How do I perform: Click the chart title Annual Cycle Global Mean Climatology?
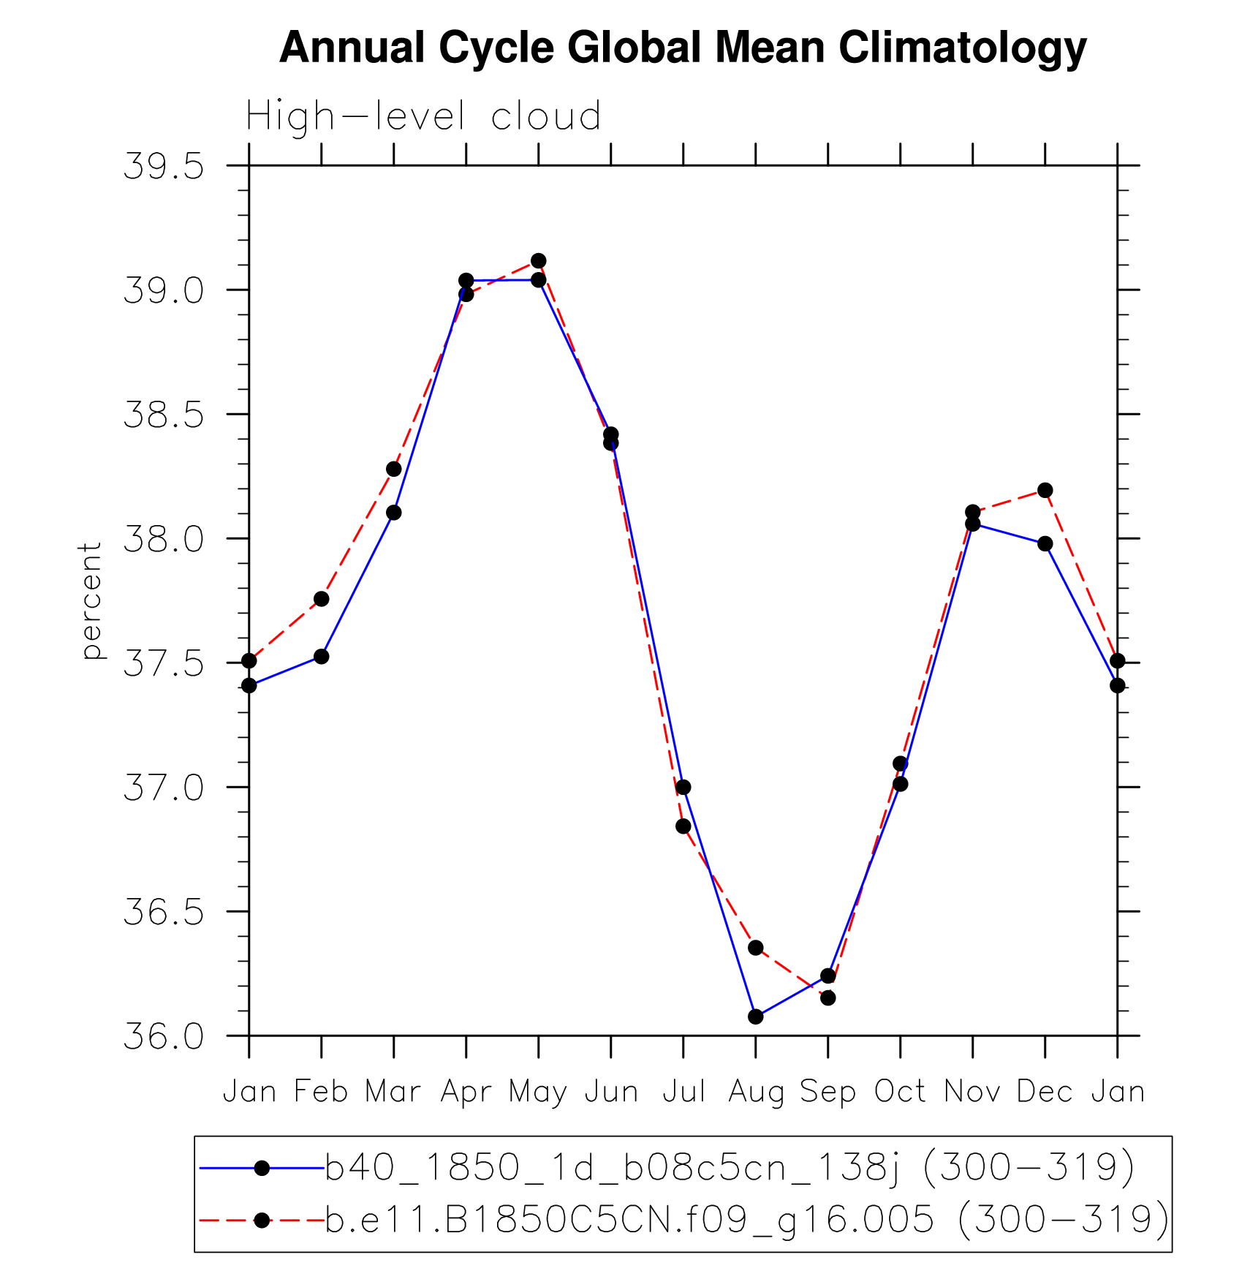pos(683,48)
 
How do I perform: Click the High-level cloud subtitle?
pos(423,116)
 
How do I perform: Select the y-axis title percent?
pos(91,600)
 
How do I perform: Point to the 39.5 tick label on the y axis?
pos(164,167)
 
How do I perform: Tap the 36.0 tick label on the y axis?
pos(164,1036)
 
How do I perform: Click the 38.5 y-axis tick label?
pos(164,415)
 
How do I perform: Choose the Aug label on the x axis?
pos(756,1093)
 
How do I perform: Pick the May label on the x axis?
pos(538,1093)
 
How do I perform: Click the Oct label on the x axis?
pos(901,1093)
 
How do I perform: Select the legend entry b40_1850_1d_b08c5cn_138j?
pos(729,1168)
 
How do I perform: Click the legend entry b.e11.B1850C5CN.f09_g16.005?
pos(746,1220)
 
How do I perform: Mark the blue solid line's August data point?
pos(756,1017)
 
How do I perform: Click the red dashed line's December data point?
pos(1045,490)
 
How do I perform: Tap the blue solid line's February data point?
pos(321,656)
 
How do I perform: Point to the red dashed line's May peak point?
pos(539,260)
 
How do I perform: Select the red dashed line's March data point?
pos(394,469)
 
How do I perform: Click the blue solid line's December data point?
pos(1045,543)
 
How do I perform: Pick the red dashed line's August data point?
pos(756,948)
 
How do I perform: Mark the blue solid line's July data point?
pos(683,787)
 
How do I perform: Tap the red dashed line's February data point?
pos(321,599)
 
